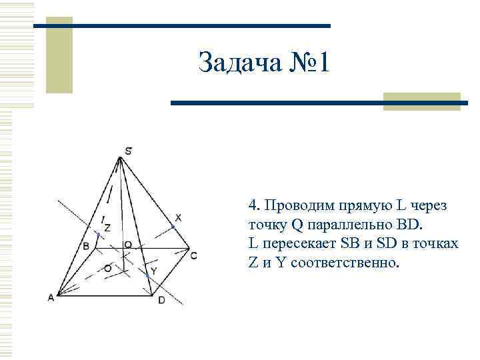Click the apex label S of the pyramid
click(128, 151)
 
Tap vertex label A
click(51, 298)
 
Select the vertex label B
click(86, 246)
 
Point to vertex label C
click(193, 255)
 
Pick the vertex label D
click(161, 300)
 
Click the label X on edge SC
click(178, 217)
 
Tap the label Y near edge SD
click(153, 271)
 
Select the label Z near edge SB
click(107, 227)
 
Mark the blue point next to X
click(173, 227)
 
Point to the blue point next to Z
click(99, 235)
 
